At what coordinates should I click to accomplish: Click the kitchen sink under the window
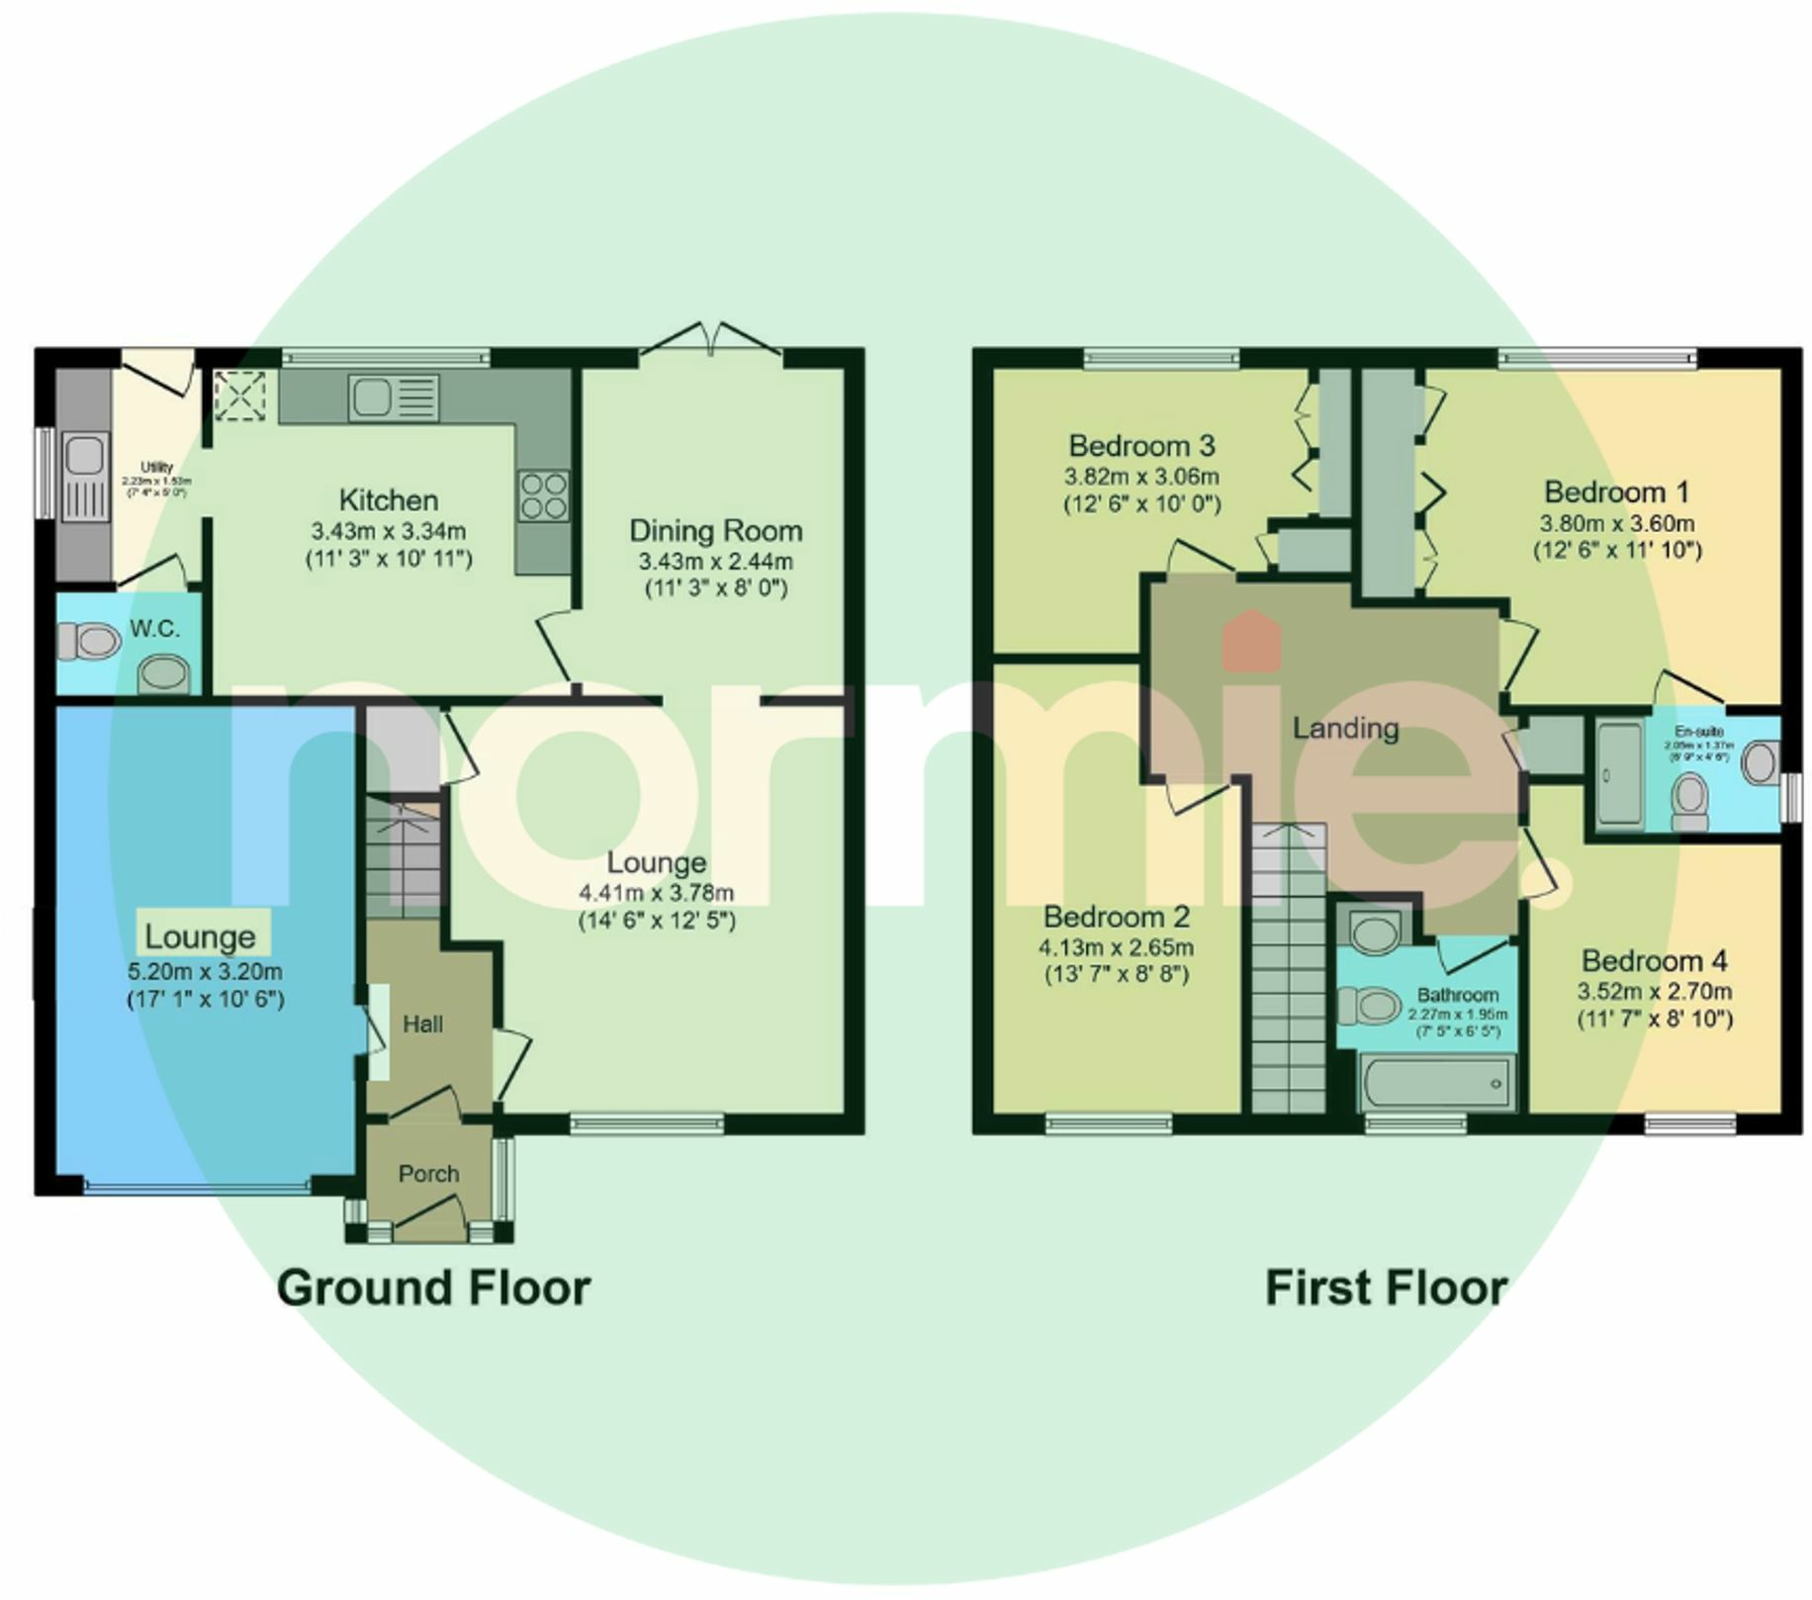point(392,398)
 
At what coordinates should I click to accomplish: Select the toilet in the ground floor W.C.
point(87,641)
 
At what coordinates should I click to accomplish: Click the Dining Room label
point(715,531)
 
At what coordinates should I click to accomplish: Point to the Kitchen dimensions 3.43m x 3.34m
point(388,532)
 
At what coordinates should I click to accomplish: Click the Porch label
point(428,1174)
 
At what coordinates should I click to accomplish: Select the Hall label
point(422,1024)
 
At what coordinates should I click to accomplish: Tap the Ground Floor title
point(433,1289)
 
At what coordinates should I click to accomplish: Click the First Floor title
point(1386,1289)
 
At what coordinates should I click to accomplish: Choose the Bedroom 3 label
point(1141,446)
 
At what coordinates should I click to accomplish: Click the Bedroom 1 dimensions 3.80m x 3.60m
point(1616,524)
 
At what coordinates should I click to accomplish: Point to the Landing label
point(1345,729)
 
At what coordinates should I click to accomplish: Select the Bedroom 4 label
point(1654,960)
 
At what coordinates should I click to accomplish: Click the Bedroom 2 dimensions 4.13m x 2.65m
point(1116,947)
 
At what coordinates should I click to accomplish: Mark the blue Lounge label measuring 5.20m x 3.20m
point(202,936)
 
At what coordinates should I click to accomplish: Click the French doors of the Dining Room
point(712,341)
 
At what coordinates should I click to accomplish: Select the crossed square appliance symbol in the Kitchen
point(240,396)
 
